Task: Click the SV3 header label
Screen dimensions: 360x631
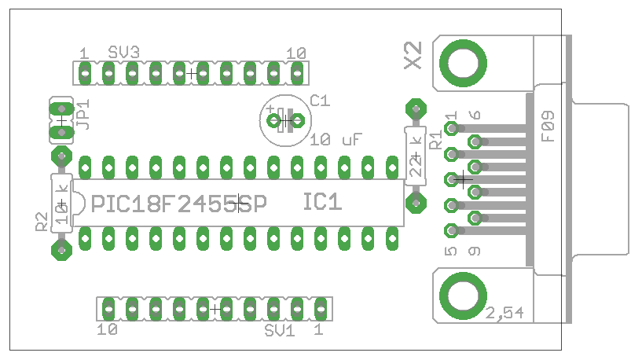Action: click(x=124, y=53)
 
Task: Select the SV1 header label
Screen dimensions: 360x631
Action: click(x=279, y=330)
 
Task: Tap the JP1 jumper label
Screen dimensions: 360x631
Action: click(x=84, y=114)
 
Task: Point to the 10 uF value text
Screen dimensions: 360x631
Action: click(x=336, y=140)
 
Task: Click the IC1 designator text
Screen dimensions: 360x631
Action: click(x=323, y=202)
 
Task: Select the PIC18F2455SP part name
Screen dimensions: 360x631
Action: click(x=179, y=204)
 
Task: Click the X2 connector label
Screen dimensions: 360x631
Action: click(x=413, y=56)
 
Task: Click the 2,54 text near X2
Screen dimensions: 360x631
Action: click(x=504, y=313)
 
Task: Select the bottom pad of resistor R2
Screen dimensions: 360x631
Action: click(x=61, y=250)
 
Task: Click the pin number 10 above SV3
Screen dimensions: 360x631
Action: click(x=296, y=53)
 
